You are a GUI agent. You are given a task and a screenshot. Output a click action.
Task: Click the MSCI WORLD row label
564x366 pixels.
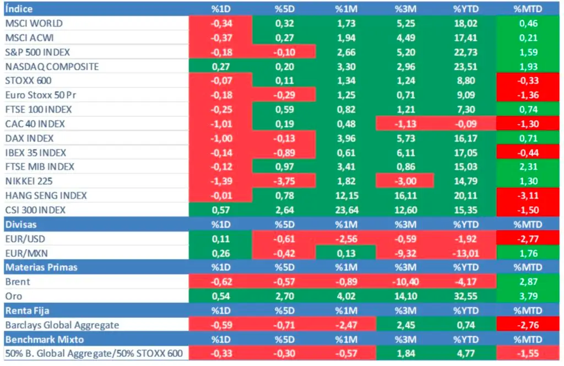click(34, 24)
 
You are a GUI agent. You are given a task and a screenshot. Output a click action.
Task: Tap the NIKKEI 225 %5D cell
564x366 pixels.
click(285, 181)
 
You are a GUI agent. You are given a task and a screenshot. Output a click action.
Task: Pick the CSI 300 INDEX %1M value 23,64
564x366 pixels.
click(346, 210)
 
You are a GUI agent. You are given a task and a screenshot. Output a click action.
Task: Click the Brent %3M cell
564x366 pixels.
click(405, 282)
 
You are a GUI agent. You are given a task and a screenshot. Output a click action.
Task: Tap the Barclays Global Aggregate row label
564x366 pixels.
click(62, 325)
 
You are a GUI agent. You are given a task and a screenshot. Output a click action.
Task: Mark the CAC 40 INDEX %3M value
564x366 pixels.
click(405, 124)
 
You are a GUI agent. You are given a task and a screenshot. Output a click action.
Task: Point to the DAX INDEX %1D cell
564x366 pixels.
click(220, 138)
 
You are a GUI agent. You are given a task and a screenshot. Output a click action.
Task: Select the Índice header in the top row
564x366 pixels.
click(19, 9)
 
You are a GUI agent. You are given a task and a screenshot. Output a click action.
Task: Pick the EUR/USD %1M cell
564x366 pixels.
click(346, 239)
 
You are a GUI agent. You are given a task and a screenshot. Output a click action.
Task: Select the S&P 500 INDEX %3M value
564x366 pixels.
click(405, 52)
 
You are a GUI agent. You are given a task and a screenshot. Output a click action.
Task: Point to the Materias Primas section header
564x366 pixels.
click(41, 267)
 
